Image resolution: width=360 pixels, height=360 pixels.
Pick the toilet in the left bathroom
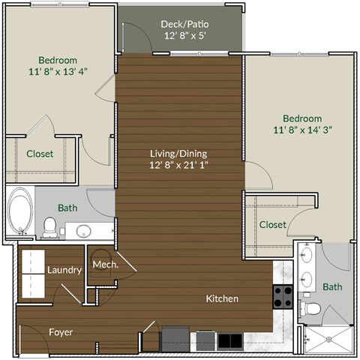click(x=49, y=226)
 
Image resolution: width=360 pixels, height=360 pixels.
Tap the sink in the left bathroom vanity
click(x=83, y=230)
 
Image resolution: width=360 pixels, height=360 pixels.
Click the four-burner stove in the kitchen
click(x=283, y=298)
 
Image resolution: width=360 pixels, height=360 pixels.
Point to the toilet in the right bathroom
click(x=310, y=307)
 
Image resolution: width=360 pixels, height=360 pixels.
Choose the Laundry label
click(x=64, y=270)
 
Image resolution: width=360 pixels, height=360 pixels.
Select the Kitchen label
click(x=222, y=298)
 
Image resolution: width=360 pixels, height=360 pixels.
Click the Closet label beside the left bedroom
click(x=40, y=154)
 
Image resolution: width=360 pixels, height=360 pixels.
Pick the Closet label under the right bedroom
click(x=272, y=224)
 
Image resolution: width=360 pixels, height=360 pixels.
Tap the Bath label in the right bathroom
click(x=332, y=286)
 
